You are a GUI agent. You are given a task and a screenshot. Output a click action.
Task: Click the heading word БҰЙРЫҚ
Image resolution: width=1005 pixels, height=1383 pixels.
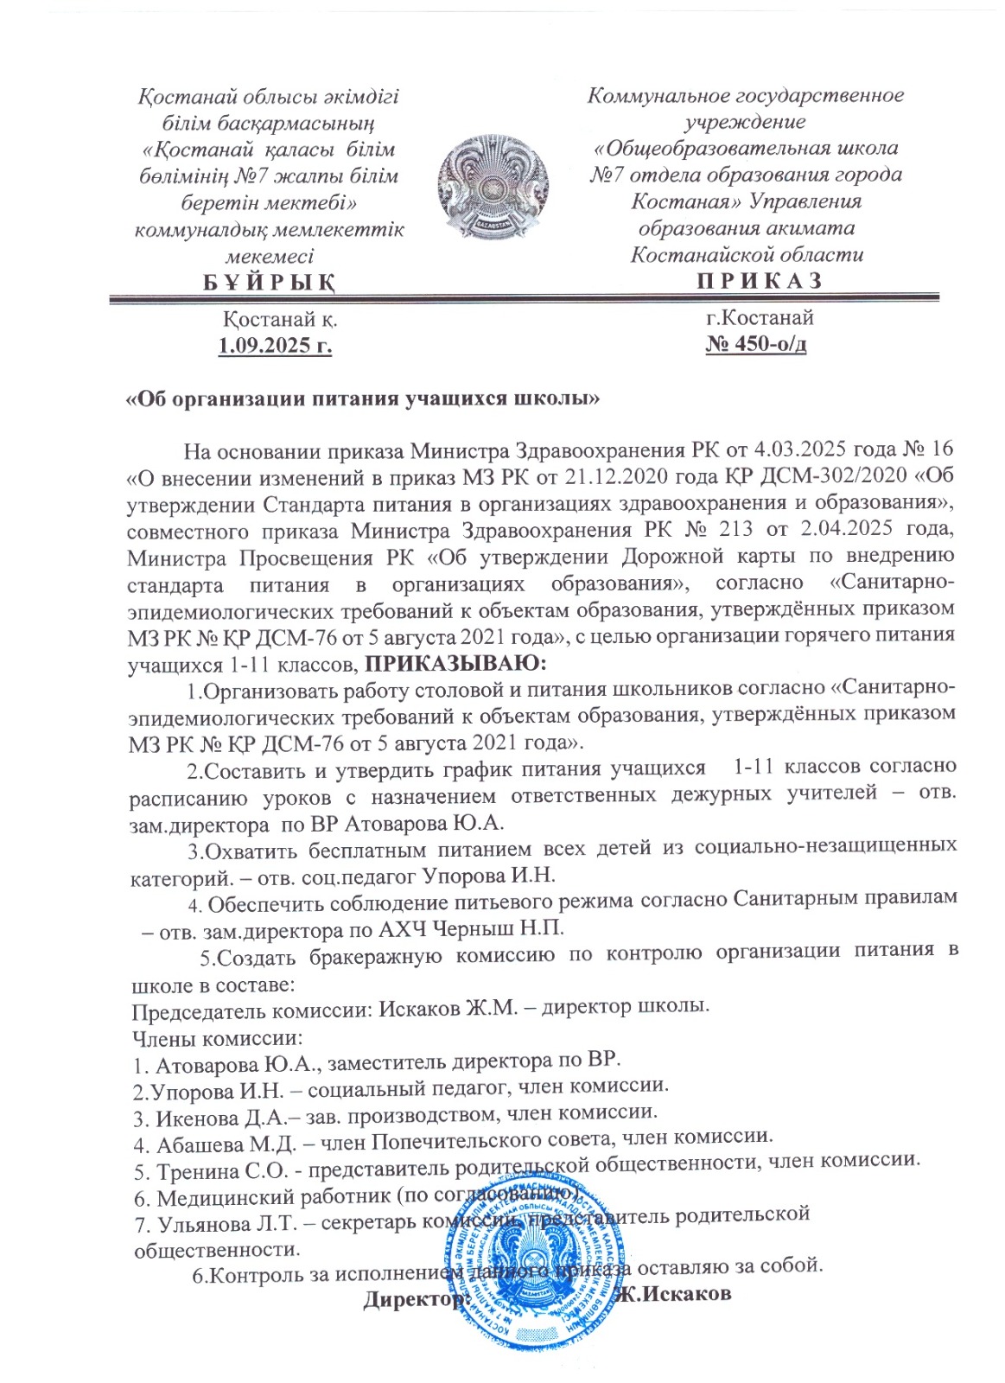tap(269, 283)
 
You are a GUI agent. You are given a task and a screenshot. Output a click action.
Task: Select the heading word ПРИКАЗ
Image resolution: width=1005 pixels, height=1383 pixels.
tap(759, 281)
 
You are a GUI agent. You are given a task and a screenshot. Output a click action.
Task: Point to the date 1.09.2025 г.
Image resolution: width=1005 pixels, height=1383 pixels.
tap(275, 347)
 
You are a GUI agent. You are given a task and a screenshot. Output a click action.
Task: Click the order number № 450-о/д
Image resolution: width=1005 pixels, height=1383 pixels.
tap(756, 345)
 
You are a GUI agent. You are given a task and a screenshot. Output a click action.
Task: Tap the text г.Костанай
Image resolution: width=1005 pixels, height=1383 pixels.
tap(759, 318)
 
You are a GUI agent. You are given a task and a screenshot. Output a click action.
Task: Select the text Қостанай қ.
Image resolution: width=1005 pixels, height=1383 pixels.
tap(280, 319)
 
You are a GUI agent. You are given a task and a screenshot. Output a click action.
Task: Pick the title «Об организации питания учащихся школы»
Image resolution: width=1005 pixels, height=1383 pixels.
tap(363, 399)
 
